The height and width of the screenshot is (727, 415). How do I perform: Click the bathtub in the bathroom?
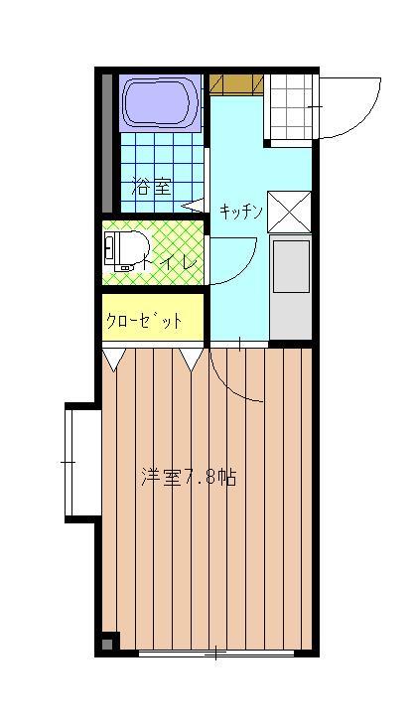pos(161,103)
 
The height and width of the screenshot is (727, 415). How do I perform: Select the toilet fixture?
pos(126,250)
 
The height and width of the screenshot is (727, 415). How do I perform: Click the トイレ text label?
pos(171,264)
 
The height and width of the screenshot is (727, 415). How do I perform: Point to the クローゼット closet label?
pos(144,320)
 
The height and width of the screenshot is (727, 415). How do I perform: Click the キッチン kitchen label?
pos(241,212)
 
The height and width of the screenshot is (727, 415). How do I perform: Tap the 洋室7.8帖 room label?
pos(189,477)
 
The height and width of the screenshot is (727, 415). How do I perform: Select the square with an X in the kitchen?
pos(289,212)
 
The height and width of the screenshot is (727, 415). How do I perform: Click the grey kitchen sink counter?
pos(291,288)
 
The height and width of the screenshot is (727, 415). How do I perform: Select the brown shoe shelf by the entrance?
pos(236,83)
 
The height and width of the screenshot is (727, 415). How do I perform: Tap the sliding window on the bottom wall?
pos(216,654)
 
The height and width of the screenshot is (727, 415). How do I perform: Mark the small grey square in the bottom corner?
pos(107,645)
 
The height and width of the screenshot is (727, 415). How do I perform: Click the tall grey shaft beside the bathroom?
pos(107,143)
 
